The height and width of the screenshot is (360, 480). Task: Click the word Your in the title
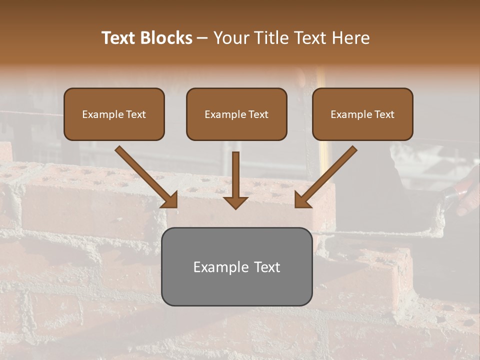(229, 38)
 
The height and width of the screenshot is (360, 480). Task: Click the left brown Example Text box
(114, 114)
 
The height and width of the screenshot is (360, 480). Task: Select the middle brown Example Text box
(236, 114)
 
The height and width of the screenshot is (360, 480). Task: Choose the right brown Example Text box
(362, 114)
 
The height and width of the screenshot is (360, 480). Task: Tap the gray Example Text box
(236, 266)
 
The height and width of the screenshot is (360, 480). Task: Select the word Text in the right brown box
(384, 114)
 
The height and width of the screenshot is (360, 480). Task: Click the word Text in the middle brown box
(258, 114)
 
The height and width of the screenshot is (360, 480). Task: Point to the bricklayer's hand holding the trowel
(467, 192)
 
